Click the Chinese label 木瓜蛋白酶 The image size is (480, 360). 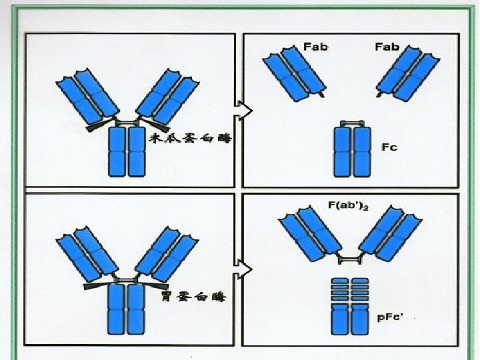click(x=191, y=138)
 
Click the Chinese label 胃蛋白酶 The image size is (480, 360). click(x=193, y=296)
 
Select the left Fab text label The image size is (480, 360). click(x=315, y=47)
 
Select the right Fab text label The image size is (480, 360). click(x=387, y=47)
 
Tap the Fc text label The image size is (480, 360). click(x=389, y=147)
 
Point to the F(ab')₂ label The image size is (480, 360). click(x=348, y=205)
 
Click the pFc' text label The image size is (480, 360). click(x=389, y=317)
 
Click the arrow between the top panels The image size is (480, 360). click(x=244, y=111)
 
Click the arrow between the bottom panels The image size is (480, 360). click(x=244, y=269)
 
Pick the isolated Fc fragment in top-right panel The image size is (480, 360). click(x=352, y=149)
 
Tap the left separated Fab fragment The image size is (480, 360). click(x=294, y=73)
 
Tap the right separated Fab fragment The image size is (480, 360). click(x=408, y=73)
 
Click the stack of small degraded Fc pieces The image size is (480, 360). click(x=350, y=289)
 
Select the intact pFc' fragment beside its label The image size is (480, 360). click(x=350, y=319)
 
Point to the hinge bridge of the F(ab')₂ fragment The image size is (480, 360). click(x=350, y=260)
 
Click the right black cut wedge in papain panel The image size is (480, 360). click(x=155, y=124)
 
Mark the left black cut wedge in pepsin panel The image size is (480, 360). click(x=97, y=286)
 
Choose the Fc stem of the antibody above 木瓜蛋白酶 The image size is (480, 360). click(x=127, y=152)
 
